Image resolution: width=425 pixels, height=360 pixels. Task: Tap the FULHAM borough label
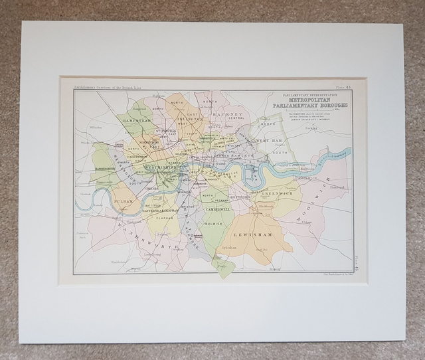124,200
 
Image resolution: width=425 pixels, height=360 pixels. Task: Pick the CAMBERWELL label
217,209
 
